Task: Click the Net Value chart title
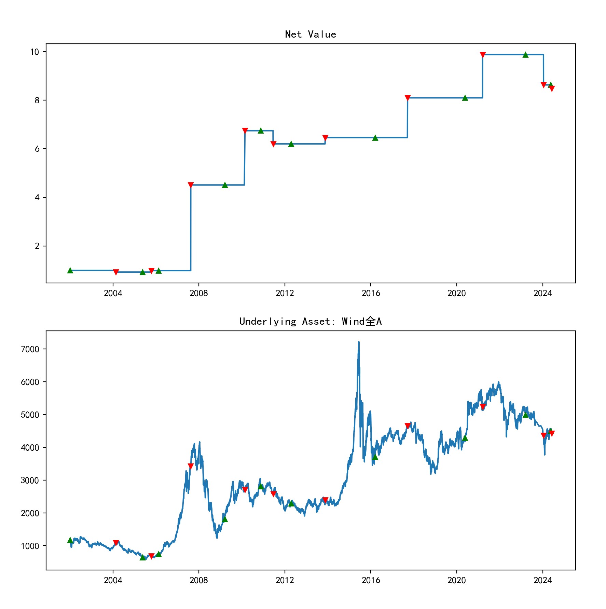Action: click(x=310, y=35)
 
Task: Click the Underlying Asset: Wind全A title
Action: click(x=310, y=322)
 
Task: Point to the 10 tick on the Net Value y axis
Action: click(x=35, y=52)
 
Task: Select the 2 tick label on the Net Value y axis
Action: click(x=37, y=246)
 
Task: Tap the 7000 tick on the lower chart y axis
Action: click(x=30, y=349)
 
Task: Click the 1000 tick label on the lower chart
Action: click(x=30, y=546)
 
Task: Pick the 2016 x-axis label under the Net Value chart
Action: click(x=371, y=293)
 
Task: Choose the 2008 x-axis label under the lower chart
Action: click(x=199, y=580)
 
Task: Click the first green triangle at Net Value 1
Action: click(x=70, y=270)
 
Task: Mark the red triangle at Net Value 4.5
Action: click(x=191, y=185)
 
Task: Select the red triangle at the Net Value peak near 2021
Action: click(x=483, y=55)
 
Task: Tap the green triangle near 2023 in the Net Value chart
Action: click(x=525, y=55)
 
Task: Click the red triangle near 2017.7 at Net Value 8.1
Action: click(x=408, y=98)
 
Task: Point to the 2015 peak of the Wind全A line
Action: click(x=359, y=342)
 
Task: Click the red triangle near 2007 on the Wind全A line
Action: click(x=191, y=466)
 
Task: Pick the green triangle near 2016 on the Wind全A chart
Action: click(x=375, y=457)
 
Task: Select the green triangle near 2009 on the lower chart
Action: click(x=225, y=519)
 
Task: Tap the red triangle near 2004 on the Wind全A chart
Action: click(x=116, y=543)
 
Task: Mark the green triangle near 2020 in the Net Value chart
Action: click(x=465, y=98)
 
